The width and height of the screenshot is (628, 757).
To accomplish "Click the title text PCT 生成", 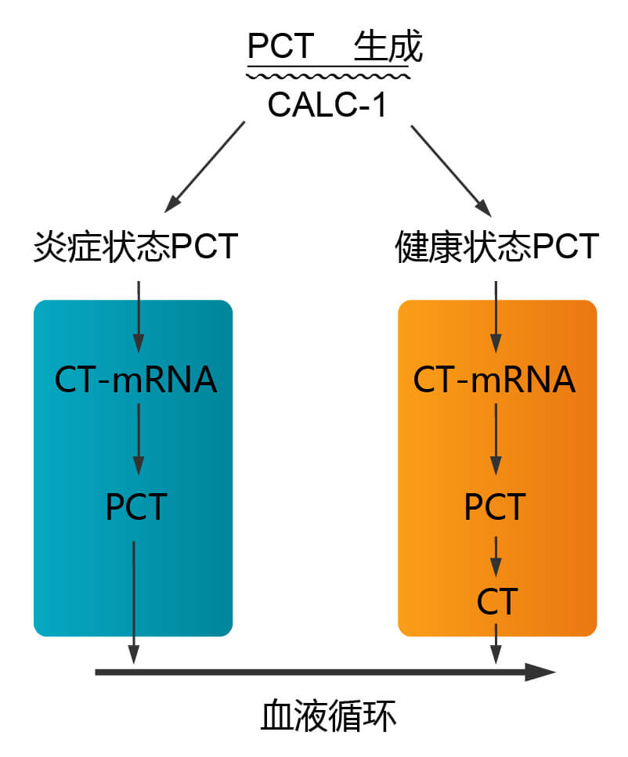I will (x=334, y=47).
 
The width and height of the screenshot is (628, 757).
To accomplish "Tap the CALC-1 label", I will (x=327, y=105).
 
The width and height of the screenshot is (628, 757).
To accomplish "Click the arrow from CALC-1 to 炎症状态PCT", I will (x=205, y=166).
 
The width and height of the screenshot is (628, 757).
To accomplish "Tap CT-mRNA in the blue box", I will (x=135, y=380).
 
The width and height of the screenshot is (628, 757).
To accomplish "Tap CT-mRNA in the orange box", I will (x=494, y=380).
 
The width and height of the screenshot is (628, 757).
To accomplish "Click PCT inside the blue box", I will (x=135, y=507).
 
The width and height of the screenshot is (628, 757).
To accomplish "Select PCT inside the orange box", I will (x=495, y=507).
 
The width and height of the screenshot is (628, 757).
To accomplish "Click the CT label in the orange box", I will (x=496, y=603).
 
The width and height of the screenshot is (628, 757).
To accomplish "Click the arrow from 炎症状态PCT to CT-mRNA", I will (x=138, y=317).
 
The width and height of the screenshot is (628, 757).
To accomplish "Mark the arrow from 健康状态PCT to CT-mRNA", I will (x=495, y=317).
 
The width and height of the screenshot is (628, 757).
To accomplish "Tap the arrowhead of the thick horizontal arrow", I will (x=540, y=672).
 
